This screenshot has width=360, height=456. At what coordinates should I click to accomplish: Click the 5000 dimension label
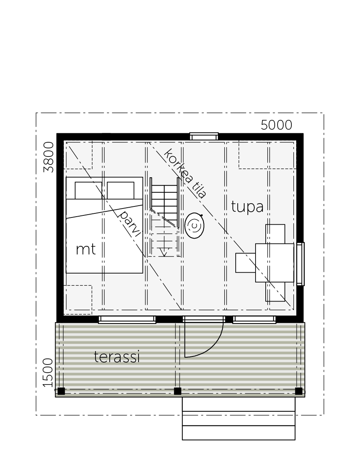click(276, 125)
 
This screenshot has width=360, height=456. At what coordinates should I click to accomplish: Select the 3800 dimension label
click(49, 157)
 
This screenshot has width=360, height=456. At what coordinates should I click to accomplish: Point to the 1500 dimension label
click(48, 373)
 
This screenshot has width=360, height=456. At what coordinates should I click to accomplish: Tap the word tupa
click(247, 207)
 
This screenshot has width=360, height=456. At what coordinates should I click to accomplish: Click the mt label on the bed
click(86, 250)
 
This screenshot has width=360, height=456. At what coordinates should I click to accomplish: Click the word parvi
click(130, 224)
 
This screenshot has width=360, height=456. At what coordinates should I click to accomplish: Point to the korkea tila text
click(185, 174)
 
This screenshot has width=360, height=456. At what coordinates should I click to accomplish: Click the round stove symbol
click(194, 226)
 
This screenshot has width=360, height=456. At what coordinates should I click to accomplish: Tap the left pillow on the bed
click(89, 191)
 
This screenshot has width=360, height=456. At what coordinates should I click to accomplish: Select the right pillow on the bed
click(121, 191)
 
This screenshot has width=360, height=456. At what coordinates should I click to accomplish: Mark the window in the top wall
click(204, 137)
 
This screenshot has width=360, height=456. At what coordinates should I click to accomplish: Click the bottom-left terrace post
click(61, 391)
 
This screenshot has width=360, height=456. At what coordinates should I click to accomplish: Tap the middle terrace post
click(178, 391)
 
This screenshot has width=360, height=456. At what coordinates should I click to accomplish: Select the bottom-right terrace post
click(299, 391)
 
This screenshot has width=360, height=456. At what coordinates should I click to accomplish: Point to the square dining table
click(275, 263)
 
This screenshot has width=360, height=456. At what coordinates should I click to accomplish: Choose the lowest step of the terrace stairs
click(239, 433)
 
